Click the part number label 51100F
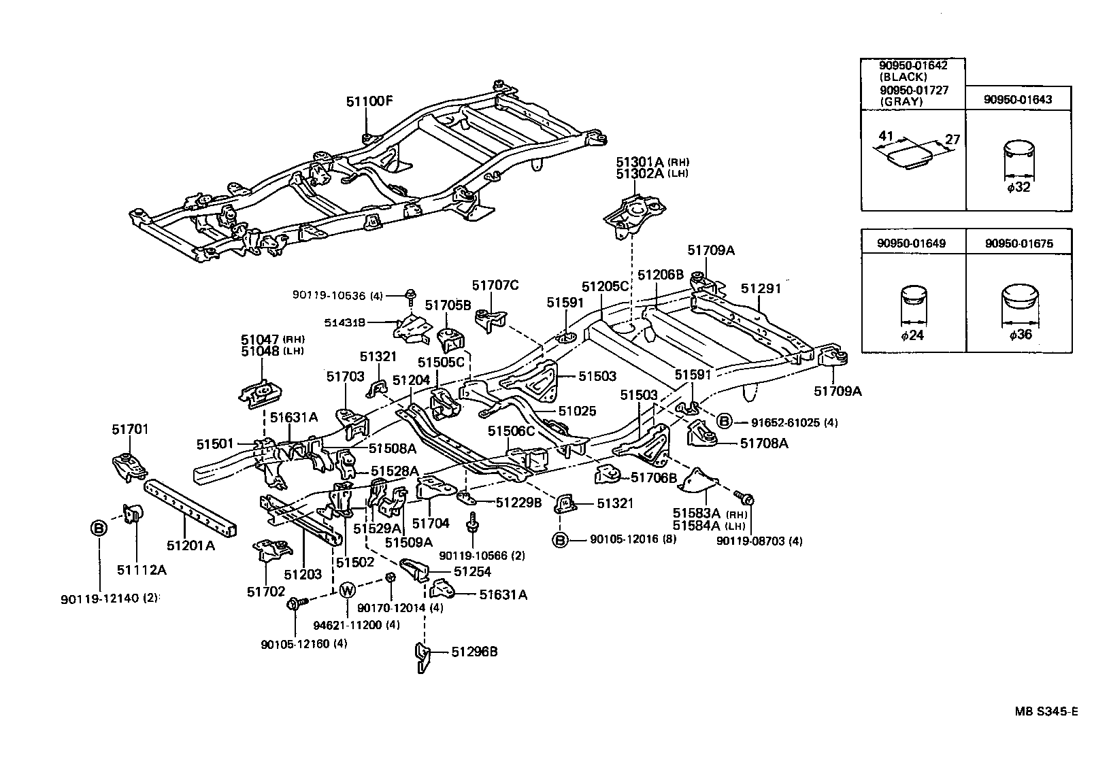[369, 101]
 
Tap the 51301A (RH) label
[652, 163]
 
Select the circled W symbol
[346, 590]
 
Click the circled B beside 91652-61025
[725, 422]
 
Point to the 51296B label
[474, 652]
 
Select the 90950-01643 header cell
[1018, 99]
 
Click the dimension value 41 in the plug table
[885, 136]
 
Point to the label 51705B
[448, 305]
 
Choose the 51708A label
[764, 443]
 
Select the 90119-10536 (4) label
[338, 295]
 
